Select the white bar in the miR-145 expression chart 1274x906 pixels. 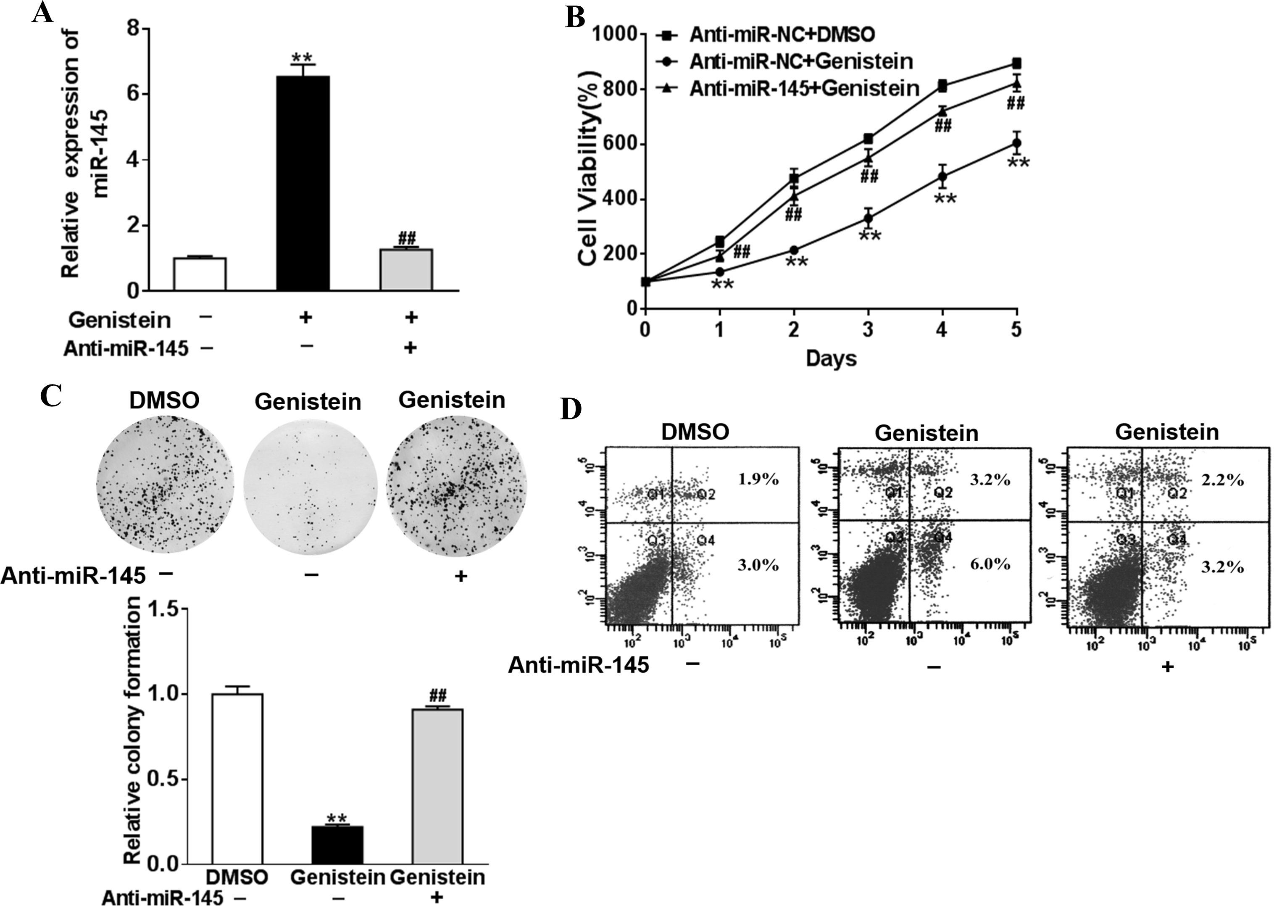[200, 274]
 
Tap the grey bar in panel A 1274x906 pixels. [407, 269]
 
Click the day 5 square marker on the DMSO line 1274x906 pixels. [1016, 63]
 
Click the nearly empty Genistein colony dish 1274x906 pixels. [310, 486]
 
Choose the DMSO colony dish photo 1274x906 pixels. [165, 486]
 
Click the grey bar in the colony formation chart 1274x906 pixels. [437, 786]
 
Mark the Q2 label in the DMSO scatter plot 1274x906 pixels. [705, 494]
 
